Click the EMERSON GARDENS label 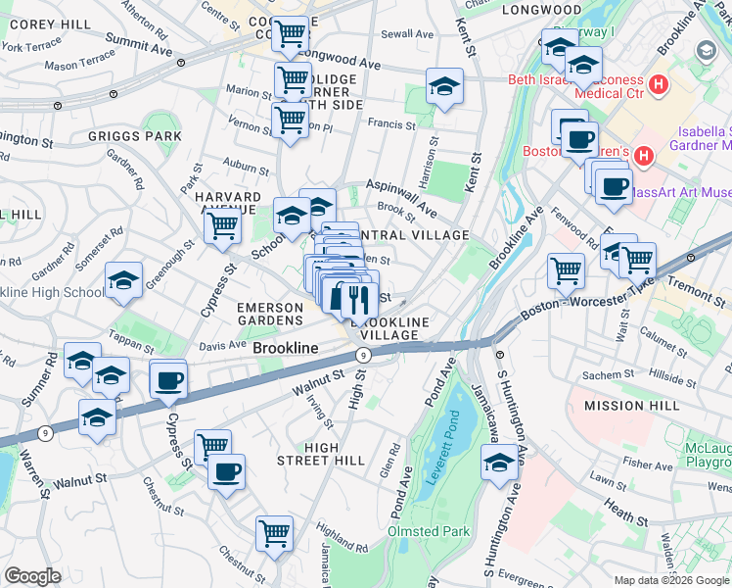tap(270, 314)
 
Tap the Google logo tap(32, 576)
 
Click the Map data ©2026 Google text tap(670, 580)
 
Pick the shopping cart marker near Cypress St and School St tap(223, 226)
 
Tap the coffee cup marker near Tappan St tap(168, 379)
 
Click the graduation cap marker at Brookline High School tap(124, 281)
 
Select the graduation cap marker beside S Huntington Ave tap(499, 462)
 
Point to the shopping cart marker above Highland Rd tap(275, 533)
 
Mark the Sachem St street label tap(609, 375)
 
